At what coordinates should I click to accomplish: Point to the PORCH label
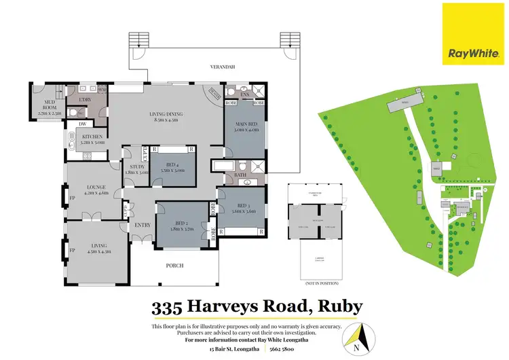pos(175,266)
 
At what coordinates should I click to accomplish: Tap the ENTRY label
pos(142,226)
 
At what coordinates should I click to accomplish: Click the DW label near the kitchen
pos(81,124)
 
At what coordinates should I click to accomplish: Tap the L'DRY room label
pos(86,100)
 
